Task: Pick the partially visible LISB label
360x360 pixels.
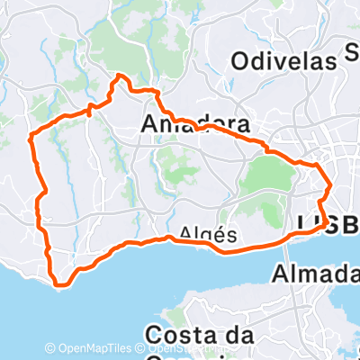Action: click(x=328, y=225)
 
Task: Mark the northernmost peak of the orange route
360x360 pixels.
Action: click(x=117, y=77)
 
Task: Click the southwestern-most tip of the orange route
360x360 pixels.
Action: click(x=59, y=285)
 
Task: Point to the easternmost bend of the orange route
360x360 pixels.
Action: click(x=331, y=185)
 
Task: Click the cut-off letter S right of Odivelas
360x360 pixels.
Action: click(x=352, y=54)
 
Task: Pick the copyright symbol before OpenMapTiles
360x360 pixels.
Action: click(x=49, y=347)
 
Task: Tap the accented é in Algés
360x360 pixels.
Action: click(x=219, y=234)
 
